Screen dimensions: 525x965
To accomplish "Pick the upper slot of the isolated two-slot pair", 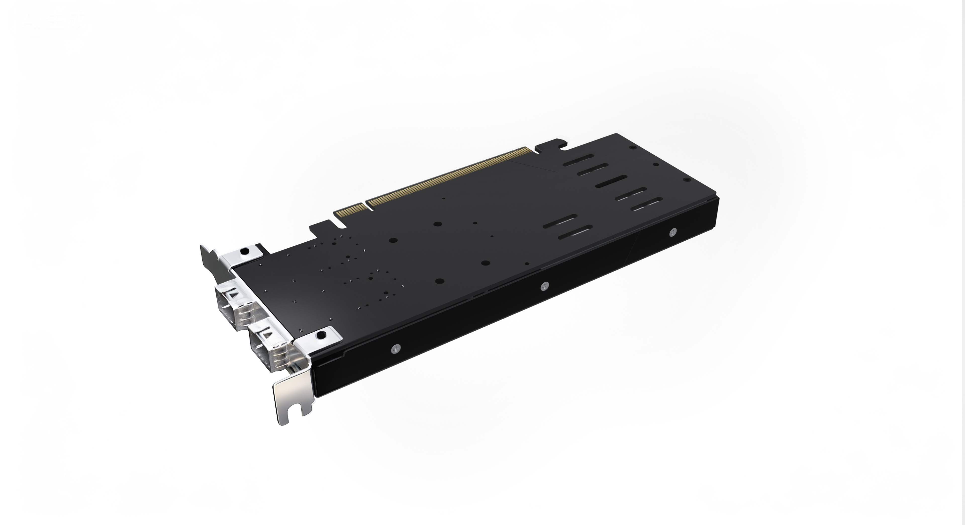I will coord(560,221).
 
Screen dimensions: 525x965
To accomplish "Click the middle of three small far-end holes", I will coord(656,164).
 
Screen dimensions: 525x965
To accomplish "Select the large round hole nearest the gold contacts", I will coord(437,224).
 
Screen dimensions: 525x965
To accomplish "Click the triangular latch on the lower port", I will coord(268,332).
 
